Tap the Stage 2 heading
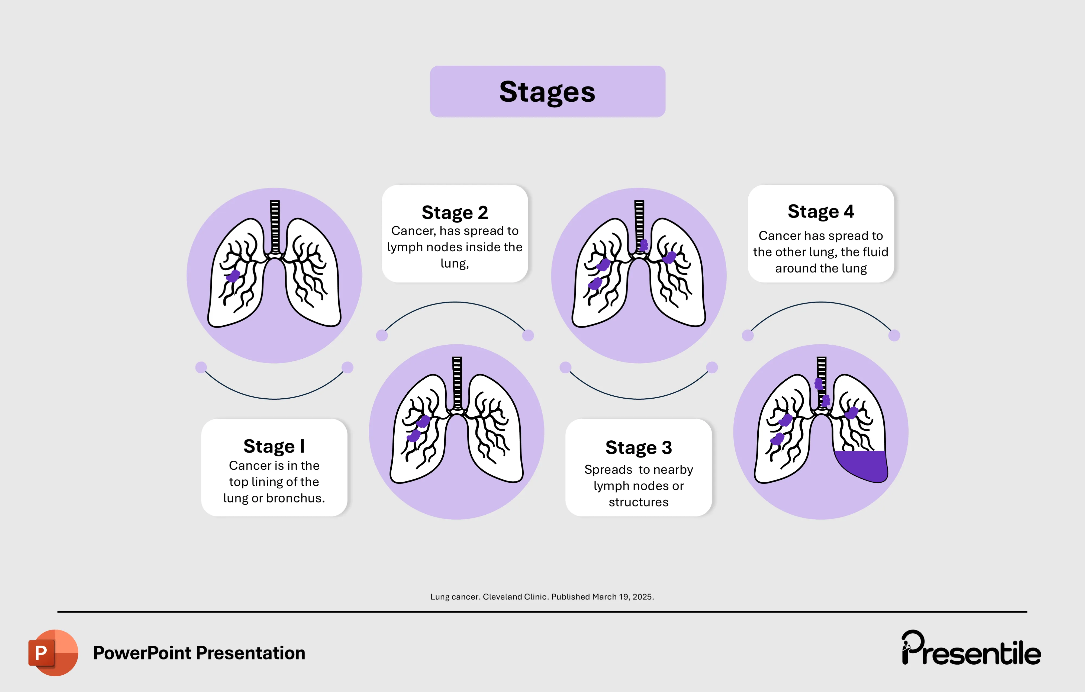(x=455, y=212)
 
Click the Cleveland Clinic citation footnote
(x=542, y=597)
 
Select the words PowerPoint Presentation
(x=199, y=653)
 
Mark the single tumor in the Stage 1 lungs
(x=233, y=275)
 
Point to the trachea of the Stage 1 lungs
(x=274, y=225)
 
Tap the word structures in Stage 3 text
(x=639, y=502)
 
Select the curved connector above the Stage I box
(x=274, y=398)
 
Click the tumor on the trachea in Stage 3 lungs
(x=644, y=245)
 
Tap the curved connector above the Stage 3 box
(x=639, y=398)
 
